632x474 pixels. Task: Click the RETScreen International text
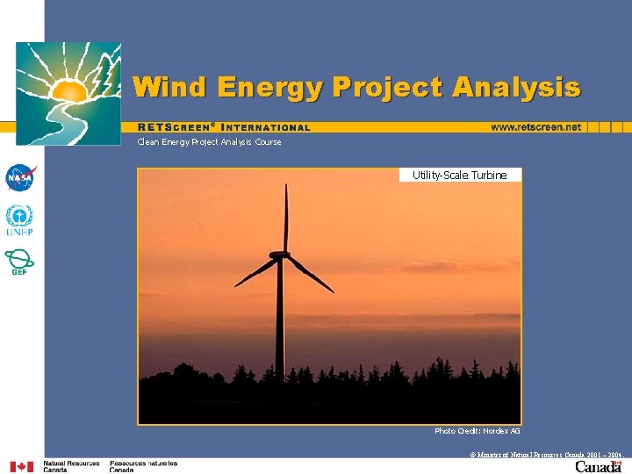pos(224,127)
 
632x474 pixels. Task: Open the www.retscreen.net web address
pos(535,127)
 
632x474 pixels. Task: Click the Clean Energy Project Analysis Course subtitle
pos(209,142)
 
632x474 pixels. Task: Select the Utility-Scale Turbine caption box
pos(459,175)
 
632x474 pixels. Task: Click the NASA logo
pos(19,178)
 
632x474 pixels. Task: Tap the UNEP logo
pos(19,220)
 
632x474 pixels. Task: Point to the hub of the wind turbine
pos(279,255)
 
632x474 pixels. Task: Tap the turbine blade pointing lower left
pos(255,272)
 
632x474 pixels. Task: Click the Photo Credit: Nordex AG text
pos(477,431)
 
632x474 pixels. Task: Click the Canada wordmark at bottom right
pos(599,466)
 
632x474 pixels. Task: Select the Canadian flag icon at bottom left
pos(22,466)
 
